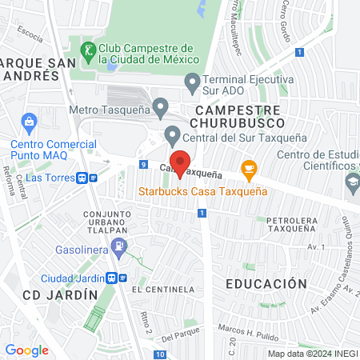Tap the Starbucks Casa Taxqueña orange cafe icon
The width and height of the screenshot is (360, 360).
[x=249, y=168]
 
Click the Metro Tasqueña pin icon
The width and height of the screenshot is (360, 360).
[x=161, y=106]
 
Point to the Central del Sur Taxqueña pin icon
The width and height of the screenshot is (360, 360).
[x=171, y=134]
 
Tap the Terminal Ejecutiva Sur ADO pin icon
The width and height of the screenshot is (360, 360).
[x=192, y=81]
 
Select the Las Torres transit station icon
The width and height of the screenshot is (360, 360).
[x=82, y=178]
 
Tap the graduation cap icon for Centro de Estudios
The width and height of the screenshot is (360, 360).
[x=352, y=182]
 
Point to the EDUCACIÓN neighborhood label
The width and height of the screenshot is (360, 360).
[x=266, y=284]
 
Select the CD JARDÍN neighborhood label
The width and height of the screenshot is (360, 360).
[x=60, y=294]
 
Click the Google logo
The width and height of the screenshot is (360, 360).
[x=26, y=350]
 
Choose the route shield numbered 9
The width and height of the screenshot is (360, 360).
[x=142, y=165]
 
